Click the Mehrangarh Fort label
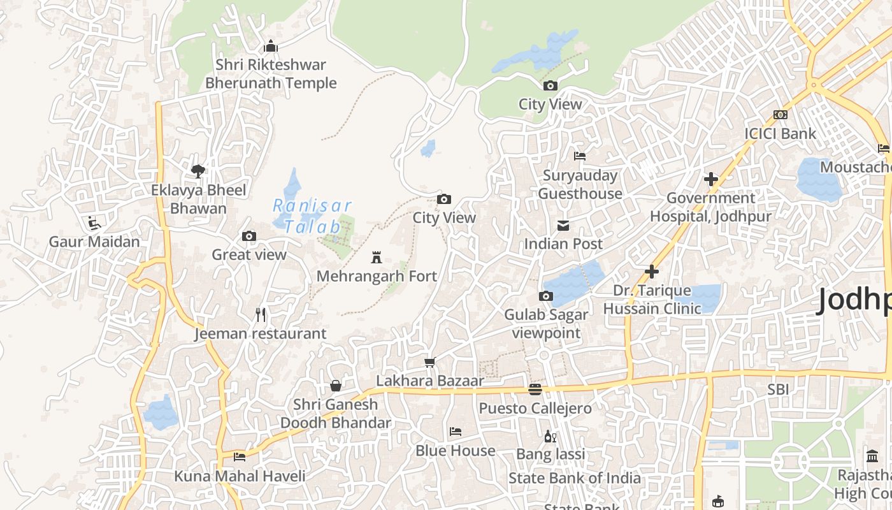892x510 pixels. pos(377,276)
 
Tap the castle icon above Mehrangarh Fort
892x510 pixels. pos(377,258)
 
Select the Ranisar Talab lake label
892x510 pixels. pos(312,215)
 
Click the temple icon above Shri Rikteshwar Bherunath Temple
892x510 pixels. pos(271,46)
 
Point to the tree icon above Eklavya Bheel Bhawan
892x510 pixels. pos(198,171)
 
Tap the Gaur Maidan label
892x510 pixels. pos(94,242)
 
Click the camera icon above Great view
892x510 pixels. pos(249,237)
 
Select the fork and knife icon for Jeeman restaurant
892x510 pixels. pos(260,314)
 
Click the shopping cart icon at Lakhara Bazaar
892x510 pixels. pos(430,362)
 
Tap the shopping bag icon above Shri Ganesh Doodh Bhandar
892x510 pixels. pos(336,386)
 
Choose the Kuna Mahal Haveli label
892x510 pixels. pos(240,476)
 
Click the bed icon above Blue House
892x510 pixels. pos(456,432)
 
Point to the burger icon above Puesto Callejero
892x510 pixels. pos(535,390)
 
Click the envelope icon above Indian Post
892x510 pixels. pos(563,225)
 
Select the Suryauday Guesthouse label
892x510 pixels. pos(580,184)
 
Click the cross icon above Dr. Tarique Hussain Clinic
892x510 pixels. pos(652,272)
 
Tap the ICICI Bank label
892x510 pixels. pos(780,133)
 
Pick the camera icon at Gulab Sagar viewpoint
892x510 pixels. pos(546,296)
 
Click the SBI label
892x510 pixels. pos(778,389)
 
